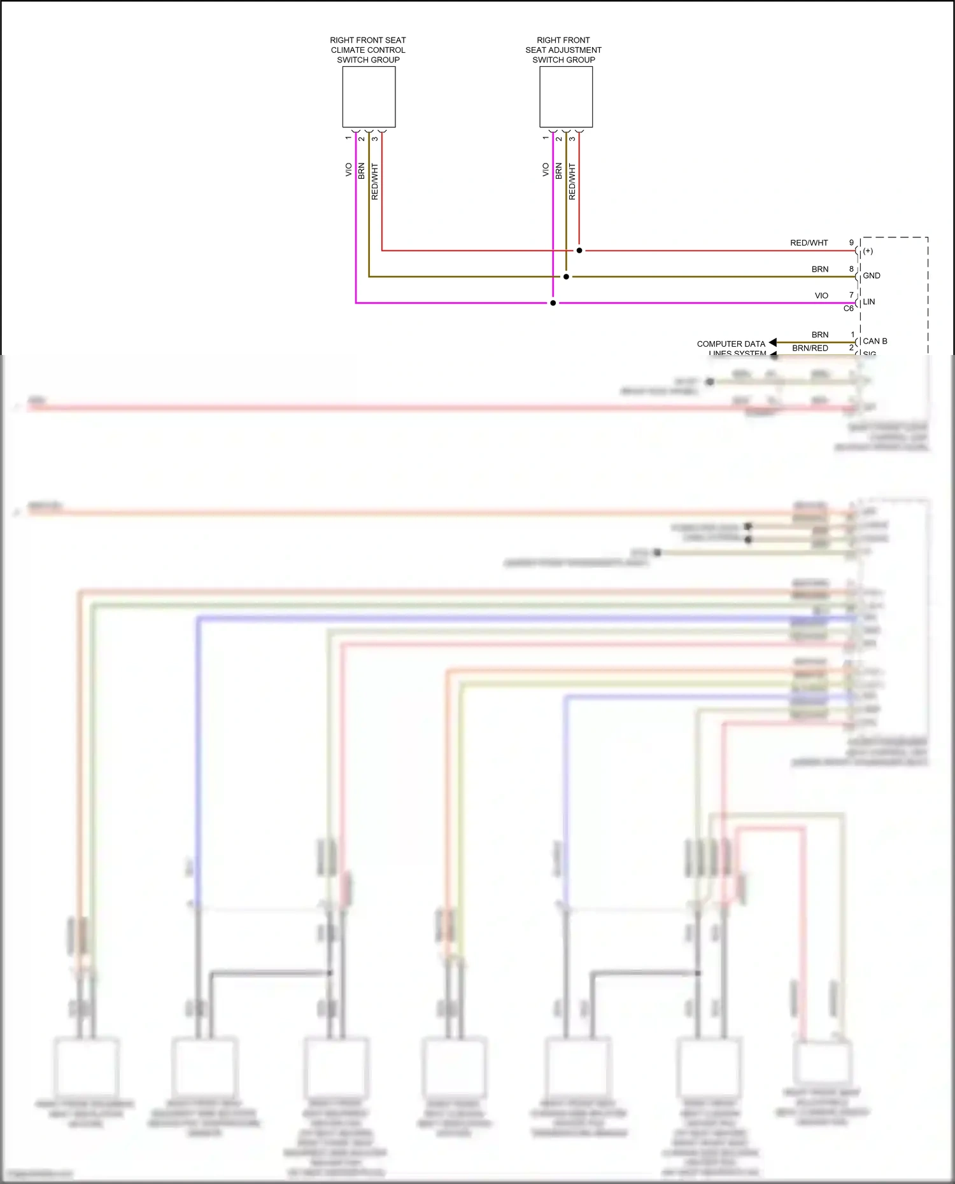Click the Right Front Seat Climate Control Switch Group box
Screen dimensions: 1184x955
[369, 97]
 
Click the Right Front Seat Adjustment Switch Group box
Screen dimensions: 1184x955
[566, 97]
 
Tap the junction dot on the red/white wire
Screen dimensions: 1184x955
[579, 251]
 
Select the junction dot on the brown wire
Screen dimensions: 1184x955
[566, 277]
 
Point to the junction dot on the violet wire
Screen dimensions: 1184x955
[553, 303]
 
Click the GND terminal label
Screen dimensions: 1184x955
[872, 275]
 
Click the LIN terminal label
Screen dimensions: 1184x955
[869, 302]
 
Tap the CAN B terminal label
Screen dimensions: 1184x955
[875, 341]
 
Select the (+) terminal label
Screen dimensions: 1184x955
[868, 251]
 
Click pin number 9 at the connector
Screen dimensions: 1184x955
[851, 242]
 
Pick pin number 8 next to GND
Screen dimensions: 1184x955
[851, 268]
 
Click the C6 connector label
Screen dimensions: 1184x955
[848, 309]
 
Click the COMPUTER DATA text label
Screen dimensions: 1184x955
[731, 344]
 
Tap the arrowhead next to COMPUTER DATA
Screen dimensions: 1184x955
[772, 343]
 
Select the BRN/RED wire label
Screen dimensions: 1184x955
[810, 348]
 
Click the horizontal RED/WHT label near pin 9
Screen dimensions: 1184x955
[809, 242]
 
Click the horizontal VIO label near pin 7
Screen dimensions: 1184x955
[821, 295]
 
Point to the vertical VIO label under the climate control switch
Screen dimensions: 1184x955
[348, 170]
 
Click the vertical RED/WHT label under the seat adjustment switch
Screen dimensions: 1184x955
[572, 181]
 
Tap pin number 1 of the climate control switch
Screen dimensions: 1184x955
[348, 138]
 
